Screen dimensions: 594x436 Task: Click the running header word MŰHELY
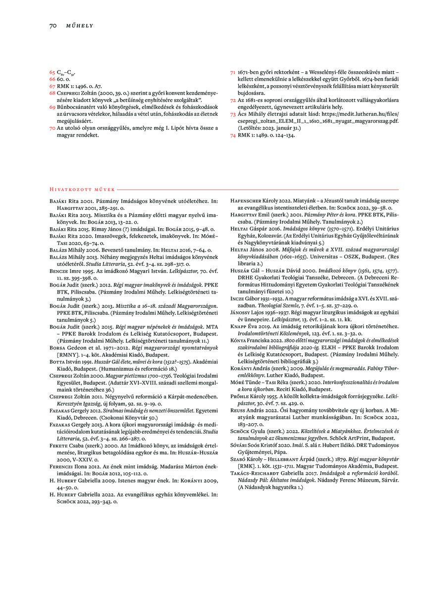80,25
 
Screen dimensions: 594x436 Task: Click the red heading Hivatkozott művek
82,189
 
